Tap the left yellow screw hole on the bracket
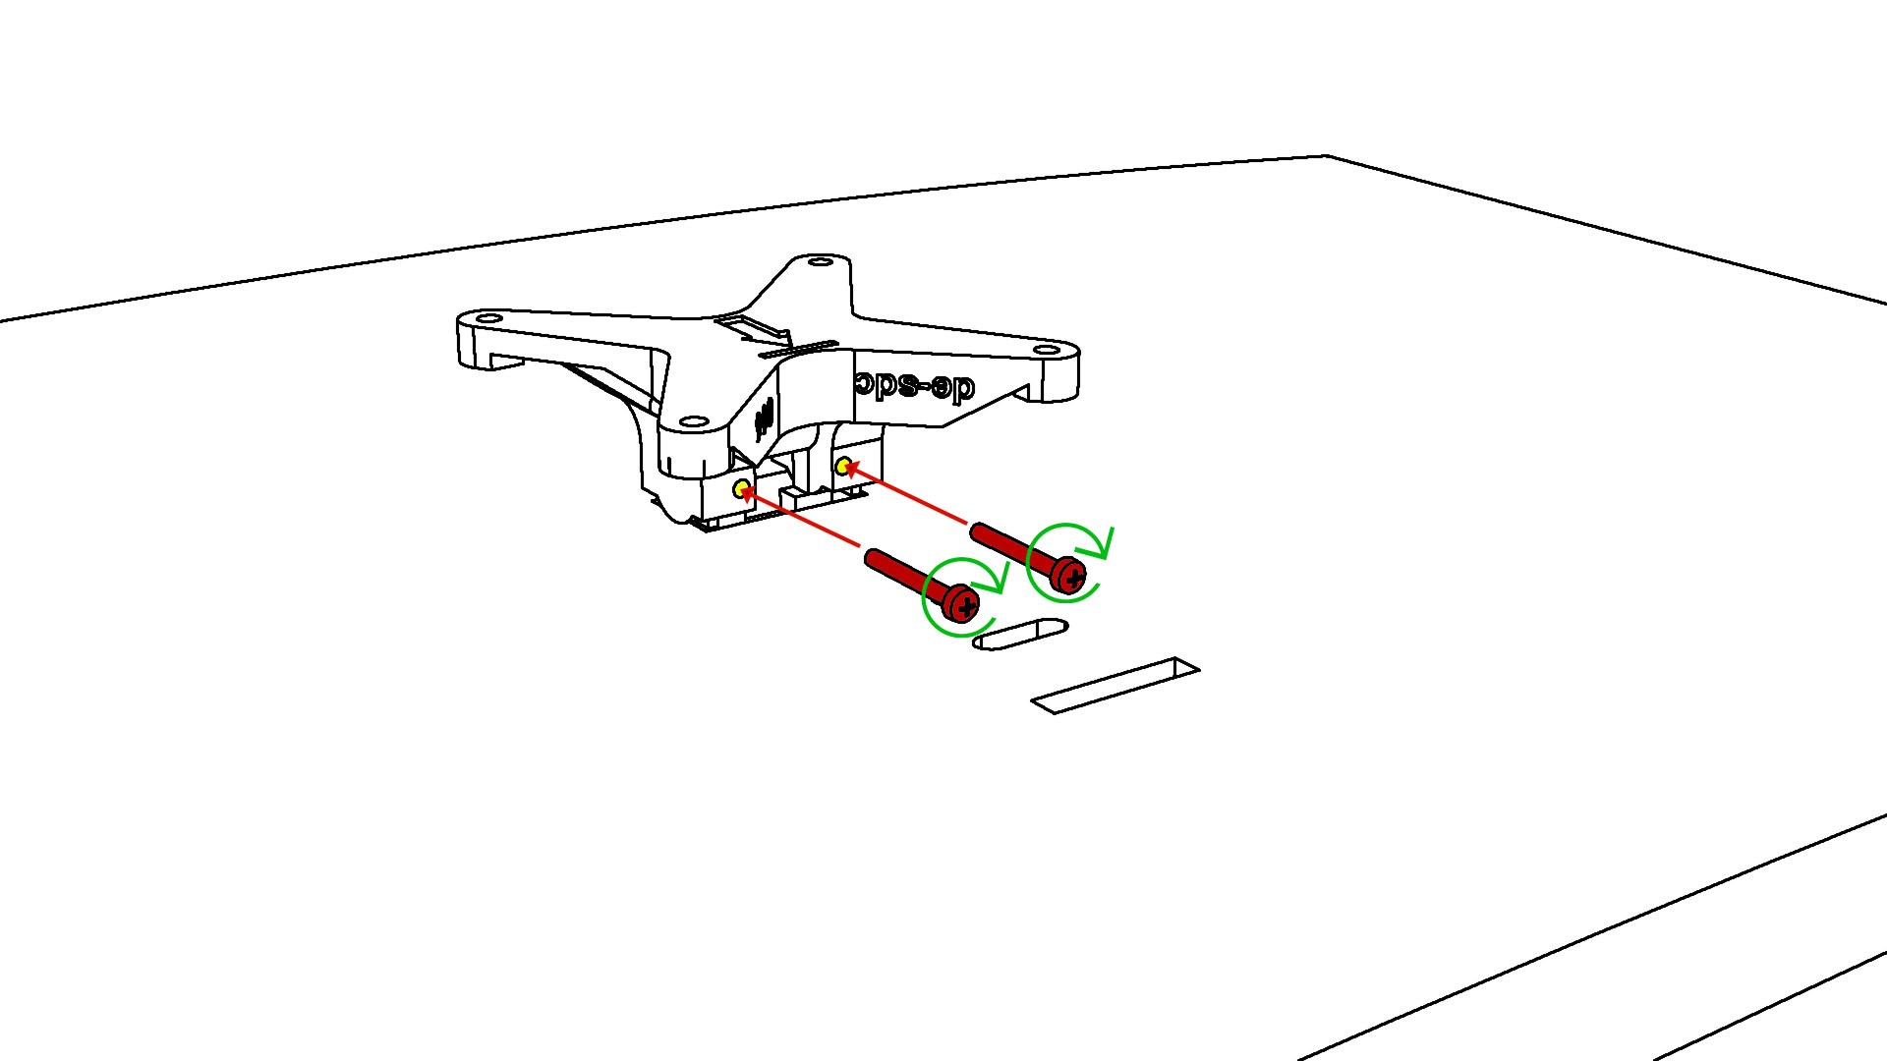[x=741, y=487]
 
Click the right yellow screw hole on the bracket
[x=842, y=466]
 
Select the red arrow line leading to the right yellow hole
[x=908, y=495]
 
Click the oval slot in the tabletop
[x=1020, y=634]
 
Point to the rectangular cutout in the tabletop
[x=1115, y=685]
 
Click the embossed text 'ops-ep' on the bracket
[x=914, y=386]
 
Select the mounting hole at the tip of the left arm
[x=488, y=319]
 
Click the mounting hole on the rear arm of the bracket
[x=821, y=262]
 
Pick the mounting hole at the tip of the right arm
[x=1048, y=350]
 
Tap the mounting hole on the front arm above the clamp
[x=694, y=421]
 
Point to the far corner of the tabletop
[x=1326, y=156]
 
